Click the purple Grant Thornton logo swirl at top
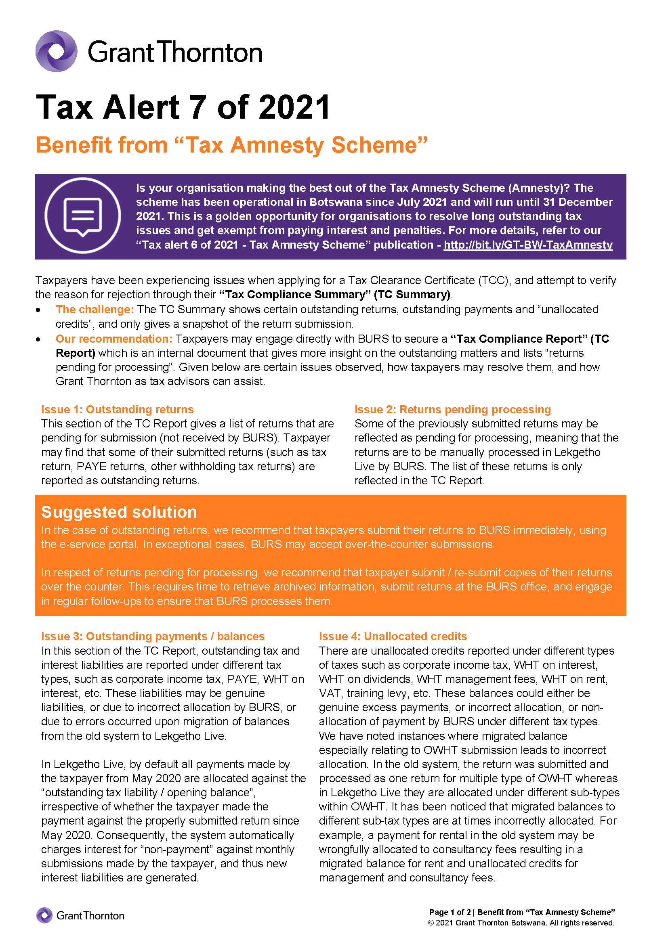coord(57,51)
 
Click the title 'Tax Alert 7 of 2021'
coord(183,107)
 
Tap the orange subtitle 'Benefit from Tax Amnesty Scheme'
coord(231,145)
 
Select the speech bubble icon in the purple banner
coord(83,216)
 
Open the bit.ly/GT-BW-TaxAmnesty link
coord(528,245)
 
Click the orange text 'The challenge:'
coord(95,310)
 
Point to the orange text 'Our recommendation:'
coord(114,339)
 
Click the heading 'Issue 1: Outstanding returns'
coord(117,410)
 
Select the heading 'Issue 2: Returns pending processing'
coord(452,410)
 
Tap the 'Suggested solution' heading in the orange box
coord(119,512)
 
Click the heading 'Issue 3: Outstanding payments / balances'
coord(153,636)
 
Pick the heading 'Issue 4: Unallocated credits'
coord(393,636)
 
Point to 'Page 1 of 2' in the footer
coord(450,913)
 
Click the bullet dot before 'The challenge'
coord(38,310)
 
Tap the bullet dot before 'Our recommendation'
coord(38,339)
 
